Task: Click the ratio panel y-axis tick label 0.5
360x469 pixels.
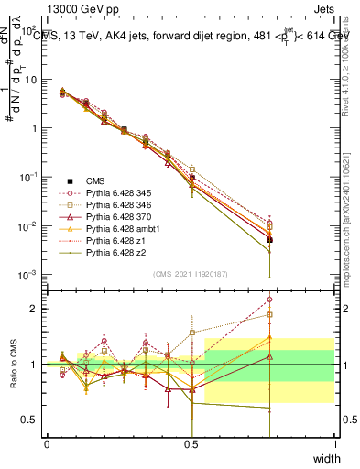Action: tap(28, 420)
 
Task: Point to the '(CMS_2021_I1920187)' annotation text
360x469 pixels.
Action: tap(191, 274)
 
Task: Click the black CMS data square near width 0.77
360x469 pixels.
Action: tap(269, 240)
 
